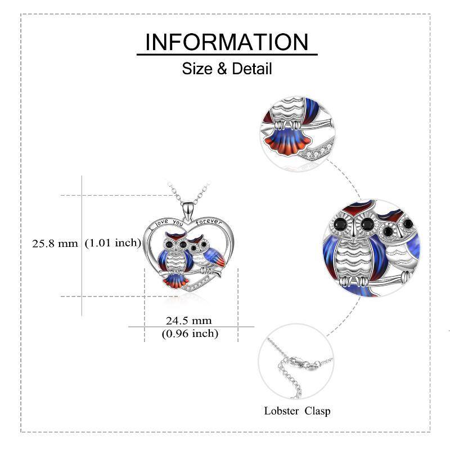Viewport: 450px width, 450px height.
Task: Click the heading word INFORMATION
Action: click(227, 42)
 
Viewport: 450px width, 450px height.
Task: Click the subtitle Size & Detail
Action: click(227, 69)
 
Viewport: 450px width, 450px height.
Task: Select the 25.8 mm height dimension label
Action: click(55, 244)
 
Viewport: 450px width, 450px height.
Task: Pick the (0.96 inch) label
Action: click(190, 334)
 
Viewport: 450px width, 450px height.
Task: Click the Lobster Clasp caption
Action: click(297, 411)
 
